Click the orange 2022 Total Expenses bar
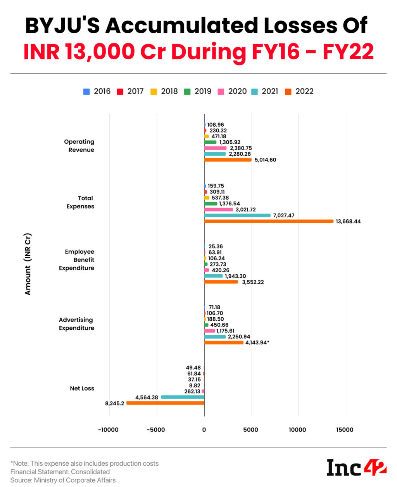tap(269, 221)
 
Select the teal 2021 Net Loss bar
tap(183, 397)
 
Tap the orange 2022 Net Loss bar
tap(166, 403)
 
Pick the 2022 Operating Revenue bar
tap(228, 160)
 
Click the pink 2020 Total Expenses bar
tap(219, 210)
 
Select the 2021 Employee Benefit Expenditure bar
tap(214, 276)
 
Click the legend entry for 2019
tap(198, 91)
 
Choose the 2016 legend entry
tap(97, 91)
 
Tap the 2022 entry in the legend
tap(299, 91)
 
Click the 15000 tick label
tap(345, 430)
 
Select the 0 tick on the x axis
tap(204, 430)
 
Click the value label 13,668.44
tap(348, 222)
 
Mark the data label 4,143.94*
tap(257, 342)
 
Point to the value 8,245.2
tap(114, 403)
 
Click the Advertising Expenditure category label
tap(76, 324)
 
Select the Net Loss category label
tap(82, 388)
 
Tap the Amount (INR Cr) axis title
tap(28, 264)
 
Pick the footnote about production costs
tap(85, 463)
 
